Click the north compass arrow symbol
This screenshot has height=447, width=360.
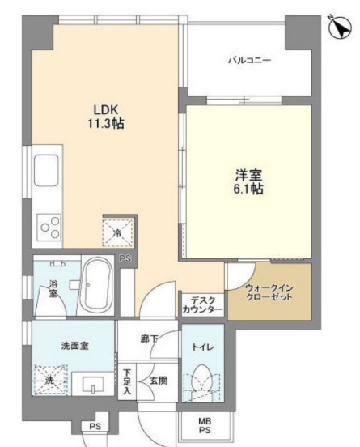tap(340, 27)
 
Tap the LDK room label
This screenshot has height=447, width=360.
tap(106, 110)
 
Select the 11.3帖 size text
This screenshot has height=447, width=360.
tap(106, 123)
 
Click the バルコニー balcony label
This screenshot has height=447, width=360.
tap(249, 61)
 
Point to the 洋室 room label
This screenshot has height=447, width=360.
tap(248, 175)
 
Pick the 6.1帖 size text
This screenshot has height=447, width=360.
tap(248, 189)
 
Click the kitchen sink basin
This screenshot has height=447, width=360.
tap(47, 171)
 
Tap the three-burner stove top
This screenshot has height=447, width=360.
tap(49, 228)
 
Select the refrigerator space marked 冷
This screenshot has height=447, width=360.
tap(117, 232)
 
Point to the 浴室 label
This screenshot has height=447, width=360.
tap(53, 288)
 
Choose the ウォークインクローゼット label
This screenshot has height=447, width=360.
tap(269, 292)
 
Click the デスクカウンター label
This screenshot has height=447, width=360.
tap(202, 304)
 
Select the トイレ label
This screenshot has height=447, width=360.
tap(203, 347)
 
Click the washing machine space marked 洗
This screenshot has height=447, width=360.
tap(50, 380)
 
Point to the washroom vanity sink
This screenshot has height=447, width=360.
tap(93, 384)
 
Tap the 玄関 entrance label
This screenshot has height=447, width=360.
tap(159, 381)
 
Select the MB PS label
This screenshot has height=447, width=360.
tap(205, 425)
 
